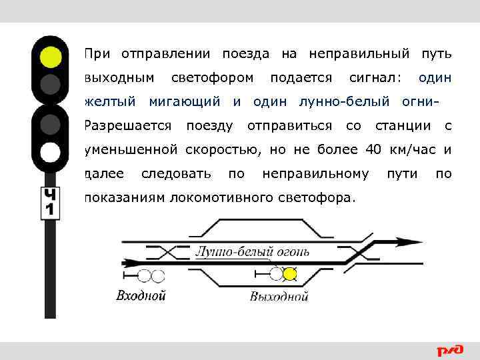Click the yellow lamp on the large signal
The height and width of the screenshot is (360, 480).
50,57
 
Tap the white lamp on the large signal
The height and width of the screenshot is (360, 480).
50,153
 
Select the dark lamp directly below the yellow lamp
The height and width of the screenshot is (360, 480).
50,84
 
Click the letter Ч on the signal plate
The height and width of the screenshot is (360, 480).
51,195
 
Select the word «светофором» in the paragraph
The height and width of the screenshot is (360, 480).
213,78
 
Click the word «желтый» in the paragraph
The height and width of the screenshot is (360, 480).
111,102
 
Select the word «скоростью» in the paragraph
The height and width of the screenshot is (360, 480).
215,149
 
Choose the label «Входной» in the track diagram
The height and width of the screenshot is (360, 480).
141,295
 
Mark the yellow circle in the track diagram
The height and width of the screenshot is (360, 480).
290,273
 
